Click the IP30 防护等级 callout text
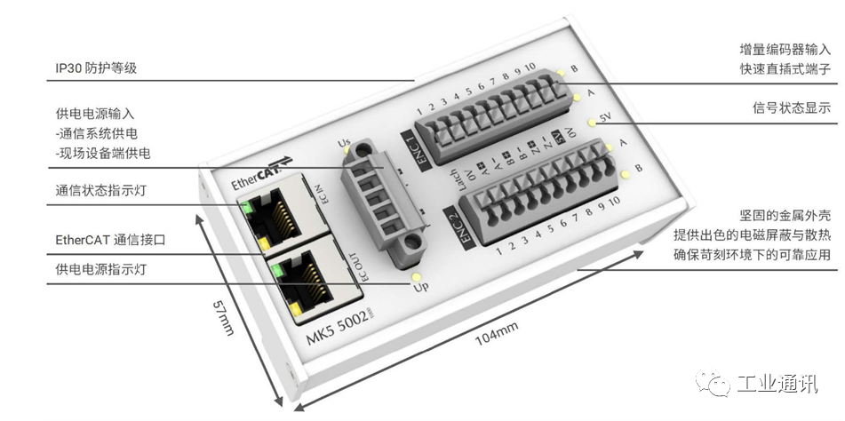coord(95,68)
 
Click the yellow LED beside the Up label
coord(416,277)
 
